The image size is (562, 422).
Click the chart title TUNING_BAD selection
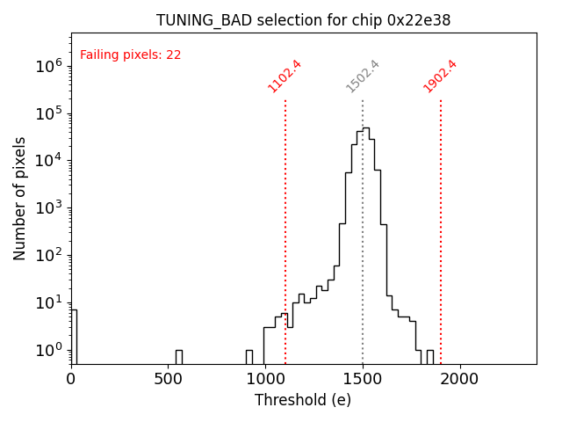click(x=303, y=20)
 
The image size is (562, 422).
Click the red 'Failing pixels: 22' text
click(x=130, y=55)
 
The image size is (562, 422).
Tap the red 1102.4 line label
click(x=285, y=76)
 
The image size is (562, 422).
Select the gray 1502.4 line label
click(x=363, y=76)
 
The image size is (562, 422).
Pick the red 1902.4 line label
click(x=440, y=76)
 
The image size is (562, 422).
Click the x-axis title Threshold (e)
click(x=303, y=400)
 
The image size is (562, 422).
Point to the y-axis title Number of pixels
click(x=20, y=198)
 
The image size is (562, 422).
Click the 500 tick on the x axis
click(x=169, y=379)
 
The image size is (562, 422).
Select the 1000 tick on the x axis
click(x=265, y=379)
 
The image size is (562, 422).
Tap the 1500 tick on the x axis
click(x=363, y=379)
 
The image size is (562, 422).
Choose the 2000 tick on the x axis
click(x=459, y=379)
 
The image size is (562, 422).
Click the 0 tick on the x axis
click(x=71, y=379)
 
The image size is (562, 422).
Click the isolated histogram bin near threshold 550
click(x=179, y=356)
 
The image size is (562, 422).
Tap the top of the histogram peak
click(x=365, y=128)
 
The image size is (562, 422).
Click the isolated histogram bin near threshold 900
click(x=249, y=356)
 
